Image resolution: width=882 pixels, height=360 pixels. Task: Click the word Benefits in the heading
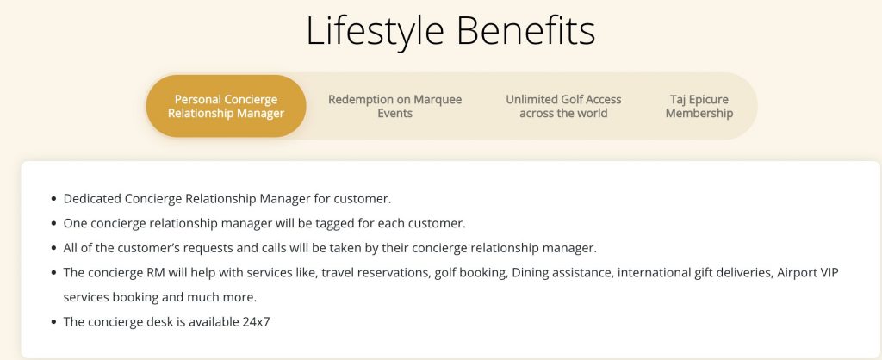click(x=526, y=30)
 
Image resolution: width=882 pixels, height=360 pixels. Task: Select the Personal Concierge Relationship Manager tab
click(x=227, y=106)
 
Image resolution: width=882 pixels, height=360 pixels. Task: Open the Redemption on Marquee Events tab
click(x=394, y=106)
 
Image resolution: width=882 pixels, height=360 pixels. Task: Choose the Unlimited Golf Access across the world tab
click(x=563, y=106)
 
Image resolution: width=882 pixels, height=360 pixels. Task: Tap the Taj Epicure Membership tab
click(x=699, y=106)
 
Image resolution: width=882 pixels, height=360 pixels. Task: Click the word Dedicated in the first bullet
click(x=92, y=199)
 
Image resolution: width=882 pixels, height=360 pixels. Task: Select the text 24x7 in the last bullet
click(x=257, y=322)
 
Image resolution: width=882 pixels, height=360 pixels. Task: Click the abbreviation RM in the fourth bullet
click(x=155, y=273)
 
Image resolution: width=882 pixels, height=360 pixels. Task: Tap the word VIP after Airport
click(x=828, y=273)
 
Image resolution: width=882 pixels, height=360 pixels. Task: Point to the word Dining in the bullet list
click(x=528, y=273)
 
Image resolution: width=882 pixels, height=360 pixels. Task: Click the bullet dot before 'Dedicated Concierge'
click(x=53, y=199)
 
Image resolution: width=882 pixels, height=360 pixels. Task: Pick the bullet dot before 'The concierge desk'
click(x=53, y=322)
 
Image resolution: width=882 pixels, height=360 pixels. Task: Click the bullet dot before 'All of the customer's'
click(x=53, y=248)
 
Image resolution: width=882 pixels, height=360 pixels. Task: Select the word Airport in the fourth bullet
click(x=795, y=273)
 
